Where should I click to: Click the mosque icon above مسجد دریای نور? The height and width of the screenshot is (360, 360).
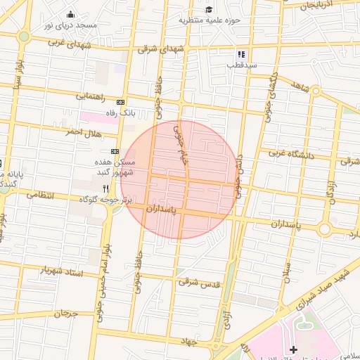point(70,15)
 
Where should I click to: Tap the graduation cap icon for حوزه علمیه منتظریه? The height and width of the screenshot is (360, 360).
point(209,9)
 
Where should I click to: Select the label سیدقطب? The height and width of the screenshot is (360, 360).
point(241,65)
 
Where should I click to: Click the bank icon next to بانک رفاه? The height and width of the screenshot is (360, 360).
point(120,102)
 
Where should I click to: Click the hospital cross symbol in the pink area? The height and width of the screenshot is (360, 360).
point(293,349)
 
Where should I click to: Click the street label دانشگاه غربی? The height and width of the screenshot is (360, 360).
point(295,154)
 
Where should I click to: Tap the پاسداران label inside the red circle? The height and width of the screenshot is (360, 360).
point(163,210)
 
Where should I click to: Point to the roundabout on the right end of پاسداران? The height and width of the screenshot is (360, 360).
point(324,229)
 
